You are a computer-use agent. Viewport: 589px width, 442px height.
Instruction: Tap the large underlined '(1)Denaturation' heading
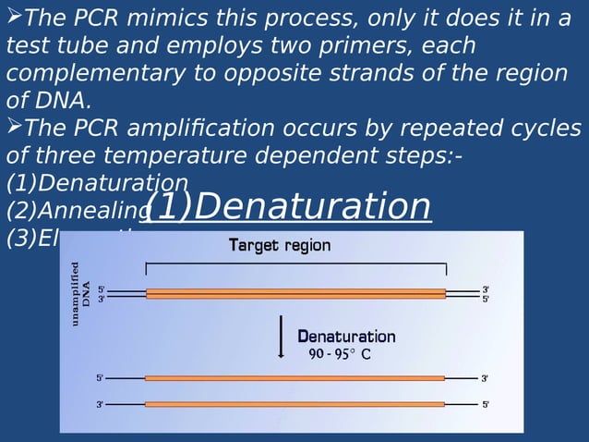point(287,207)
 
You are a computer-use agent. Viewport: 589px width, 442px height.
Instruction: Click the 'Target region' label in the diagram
point(279,246)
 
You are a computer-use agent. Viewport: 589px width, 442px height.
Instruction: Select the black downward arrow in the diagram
point(282,338)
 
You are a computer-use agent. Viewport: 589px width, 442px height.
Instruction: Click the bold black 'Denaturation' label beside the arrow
point(346,337)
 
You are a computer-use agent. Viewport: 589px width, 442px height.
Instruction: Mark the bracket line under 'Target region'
point(295,264)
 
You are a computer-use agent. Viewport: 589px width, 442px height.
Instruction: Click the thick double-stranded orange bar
point(295,293)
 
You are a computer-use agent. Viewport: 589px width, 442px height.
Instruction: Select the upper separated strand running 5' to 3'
point(295,378)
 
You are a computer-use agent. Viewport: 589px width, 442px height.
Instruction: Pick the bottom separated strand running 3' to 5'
point(295,404)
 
